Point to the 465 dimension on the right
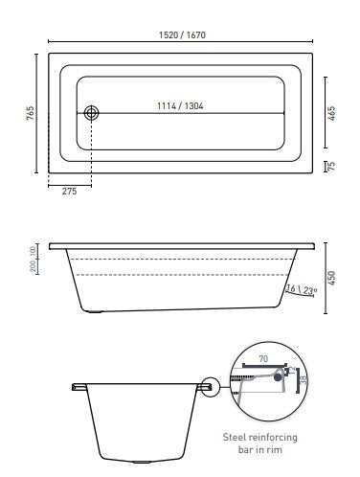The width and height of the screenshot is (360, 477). [x=329, y=111]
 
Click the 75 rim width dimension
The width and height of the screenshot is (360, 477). [x=331, y=165]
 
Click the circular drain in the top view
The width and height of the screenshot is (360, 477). [x=92, y=113]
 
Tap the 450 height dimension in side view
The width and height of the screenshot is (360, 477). [x=331, y=278]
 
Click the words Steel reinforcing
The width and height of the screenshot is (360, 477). [x=272, y=435]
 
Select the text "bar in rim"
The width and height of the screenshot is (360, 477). [x=272, y=449]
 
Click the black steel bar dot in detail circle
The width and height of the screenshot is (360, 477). [x=279, y=377]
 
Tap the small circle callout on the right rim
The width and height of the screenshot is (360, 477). [x=211, y=388]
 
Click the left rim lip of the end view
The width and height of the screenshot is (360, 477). [x=77, y=388]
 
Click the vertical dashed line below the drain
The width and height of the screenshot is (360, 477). [x=92, y=153]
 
